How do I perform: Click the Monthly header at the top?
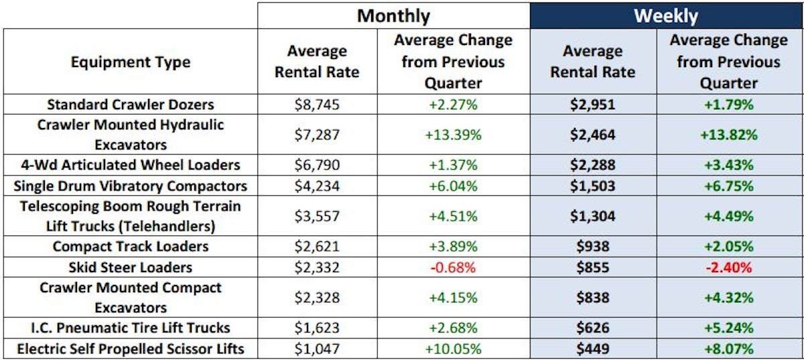[x=393, y=15]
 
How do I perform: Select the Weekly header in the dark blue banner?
[x=666, y=15]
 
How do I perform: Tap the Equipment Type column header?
[x=130, y=62]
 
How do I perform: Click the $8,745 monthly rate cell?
[x=317, y=105]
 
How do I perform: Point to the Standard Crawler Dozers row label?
[x=130, y=105]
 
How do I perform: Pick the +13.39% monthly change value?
[x=453, y=135]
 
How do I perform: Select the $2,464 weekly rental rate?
[x=592, y=135]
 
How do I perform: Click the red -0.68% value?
[x=453, y=267]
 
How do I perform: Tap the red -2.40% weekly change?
[x=728, y=267]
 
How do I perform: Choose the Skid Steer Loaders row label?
[x=130, y=267]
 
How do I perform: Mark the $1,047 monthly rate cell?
[x=317, y=349]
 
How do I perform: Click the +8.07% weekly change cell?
[x=728, y=349]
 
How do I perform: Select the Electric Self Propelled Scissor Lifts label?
[x=130, y=349]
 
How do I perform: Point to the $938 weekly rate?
[x=592, y=247]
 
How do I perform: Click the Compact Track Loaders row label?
[x=130, y=247]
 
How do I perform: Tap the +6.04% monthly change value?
[x=453, y=186]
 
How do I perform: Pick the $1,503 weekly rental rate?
[x=592, y=186]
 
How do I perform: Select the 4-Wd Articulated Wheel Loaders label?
[x=130, y=165]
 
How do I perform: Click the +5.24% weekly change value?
[x=728, y=328]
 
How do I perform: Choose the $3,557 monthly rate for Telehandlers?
[x=317, y=216]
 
